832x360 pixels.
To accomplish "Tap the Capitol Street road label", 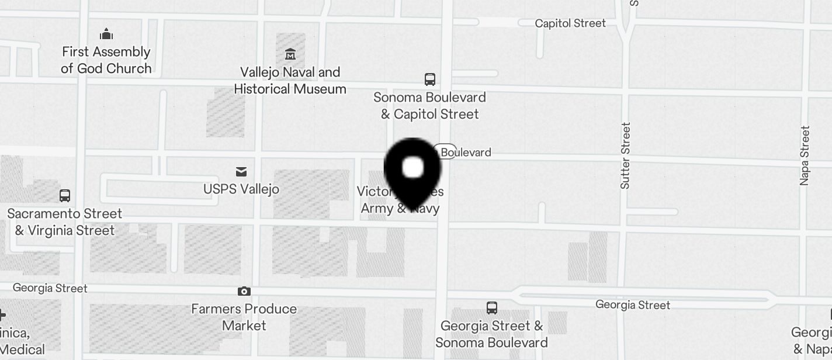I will (570, 23).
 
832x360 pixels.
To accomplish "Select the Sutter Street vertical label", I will (626, 155).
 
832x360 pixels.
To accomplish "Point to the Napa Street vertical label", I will (805, 155).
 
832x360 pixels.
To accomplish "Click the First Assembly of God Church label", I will (106, 60).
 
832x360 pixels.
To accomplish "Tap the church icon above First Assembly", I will (106, 33).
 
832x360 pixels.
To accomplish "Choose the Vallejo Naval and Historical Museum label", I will (290, 81).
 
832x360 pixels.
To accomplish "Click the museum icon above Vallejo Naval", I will (290, 55).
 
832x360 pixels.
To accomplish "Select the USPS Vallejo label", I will (241, 189).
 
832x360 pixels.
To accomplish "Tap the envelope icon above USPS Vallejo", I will (241, 171).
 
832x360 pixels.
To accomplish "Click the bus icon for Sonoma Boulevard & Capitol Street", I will (430, 79).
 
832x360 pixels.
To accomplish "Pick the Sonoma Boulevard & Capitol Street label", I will (430, 106).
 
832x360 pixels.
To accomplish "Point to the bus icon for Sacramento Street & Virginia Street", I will (65, 196).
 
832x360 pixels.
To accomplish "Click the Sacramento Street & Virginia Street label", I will (64, 222).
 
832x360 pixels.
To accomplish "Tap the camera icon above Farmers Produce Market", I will (244, 291).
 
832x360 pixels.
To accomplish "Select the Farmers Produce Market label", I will (244, 317).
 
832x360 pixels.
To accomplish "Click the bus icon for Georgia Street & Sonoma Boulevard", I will (492, 307).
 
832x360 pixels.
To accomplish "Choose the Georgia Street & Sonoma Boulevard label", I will (492, 334).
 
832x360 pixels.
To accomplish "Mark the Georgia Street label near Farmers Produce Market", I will (50, 288).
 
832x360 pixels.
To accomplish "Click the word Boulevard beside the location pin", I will (466, 153).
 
